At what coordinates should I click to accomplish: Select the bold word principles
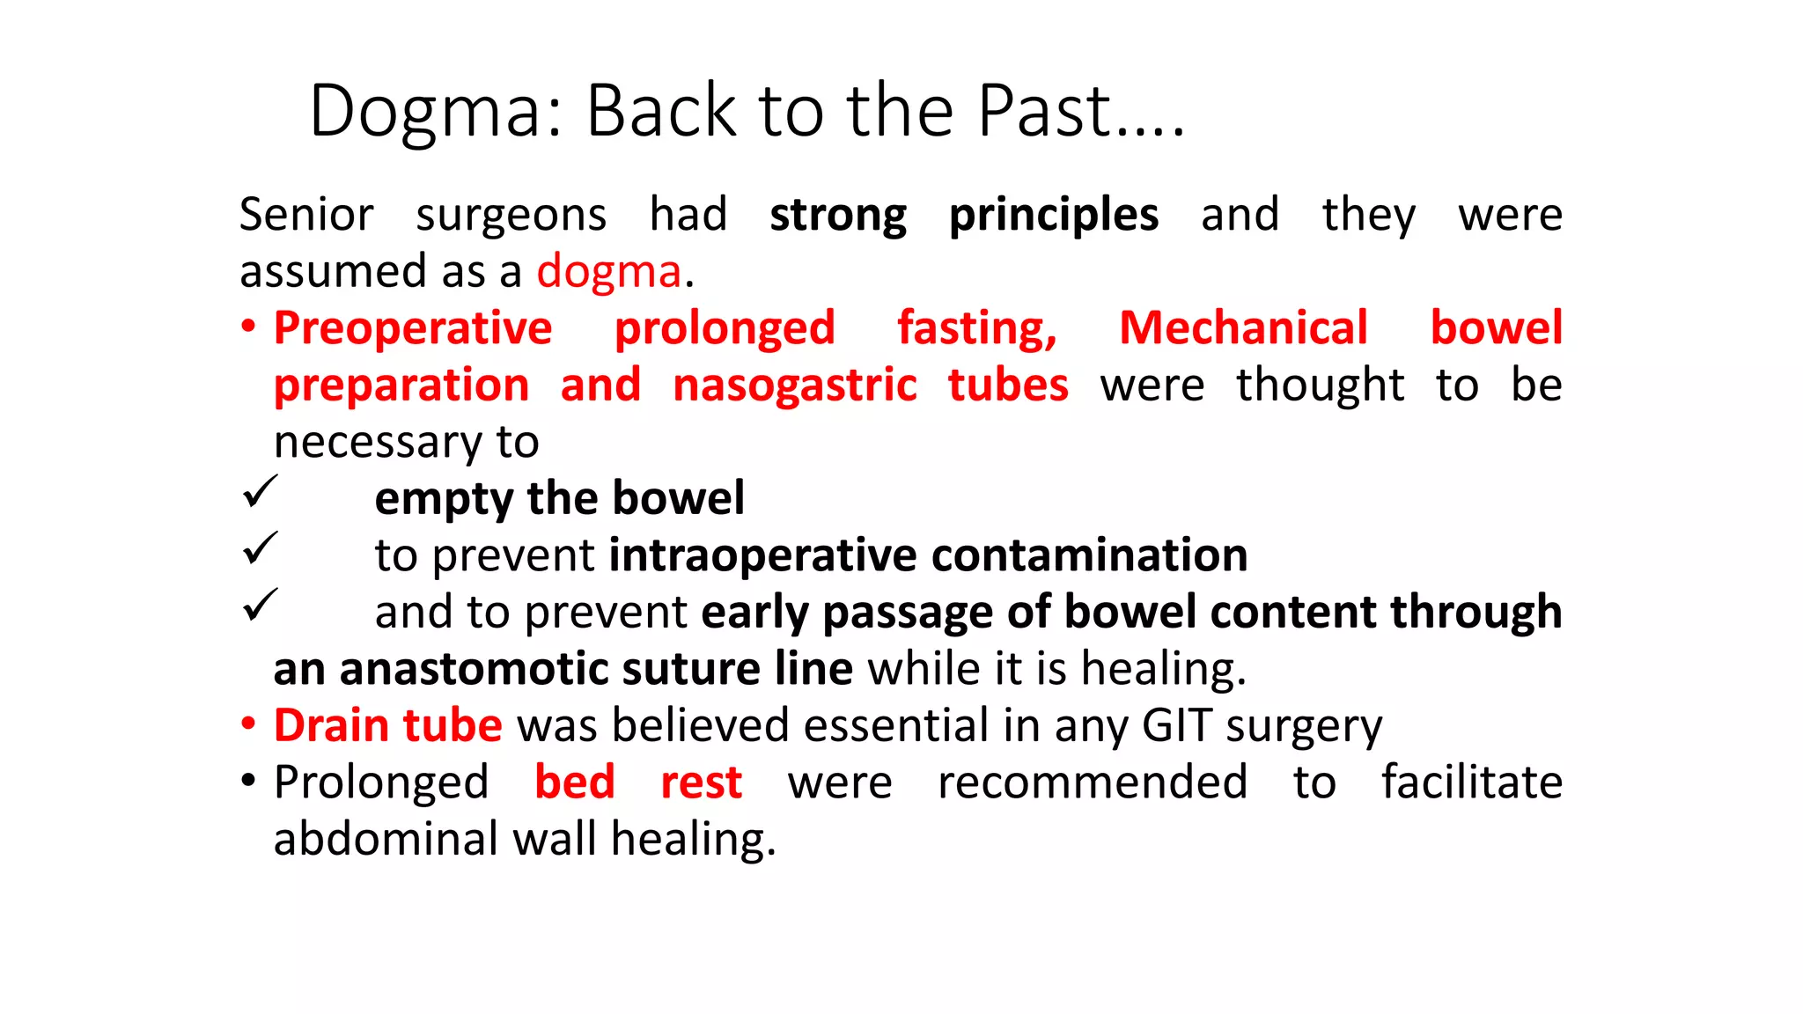(x=1054, y=216)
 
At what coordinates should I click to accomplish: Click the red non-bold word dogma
(x=609, y=272)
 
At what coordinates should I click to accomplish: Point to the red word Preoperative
(x=413, y=328)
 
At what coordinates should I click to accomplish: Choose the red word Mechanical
(x=1243, y=328)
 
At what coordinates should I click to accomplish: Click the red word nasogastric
(x=795, y=386)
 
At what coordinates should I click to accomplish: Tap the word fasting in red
(x=976, y=328)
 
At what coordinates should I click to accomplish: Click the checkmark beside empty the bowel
(x=260, y=491)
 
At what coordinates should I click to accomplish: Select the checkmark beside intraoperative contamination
(x=260, y=548)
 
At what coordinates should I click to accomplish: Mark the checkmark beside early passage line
(x=260, y=605)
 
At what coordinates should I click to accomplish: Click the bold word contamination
(x=1089, y=555)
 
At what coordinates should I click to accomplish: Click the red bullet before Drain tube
(x=249, y=724)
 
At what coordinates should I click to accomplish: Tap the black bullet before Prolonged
(x=249, y=781)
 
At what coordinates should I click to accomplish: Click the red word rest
(x=702, y=783)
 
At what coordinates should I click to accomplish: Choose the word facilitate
(x=1471, y=783)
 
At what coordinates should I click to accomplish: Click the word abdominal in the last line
(x=386, y=839)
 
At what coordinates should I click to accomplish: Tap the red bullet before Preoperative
(x=249, y=327)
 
